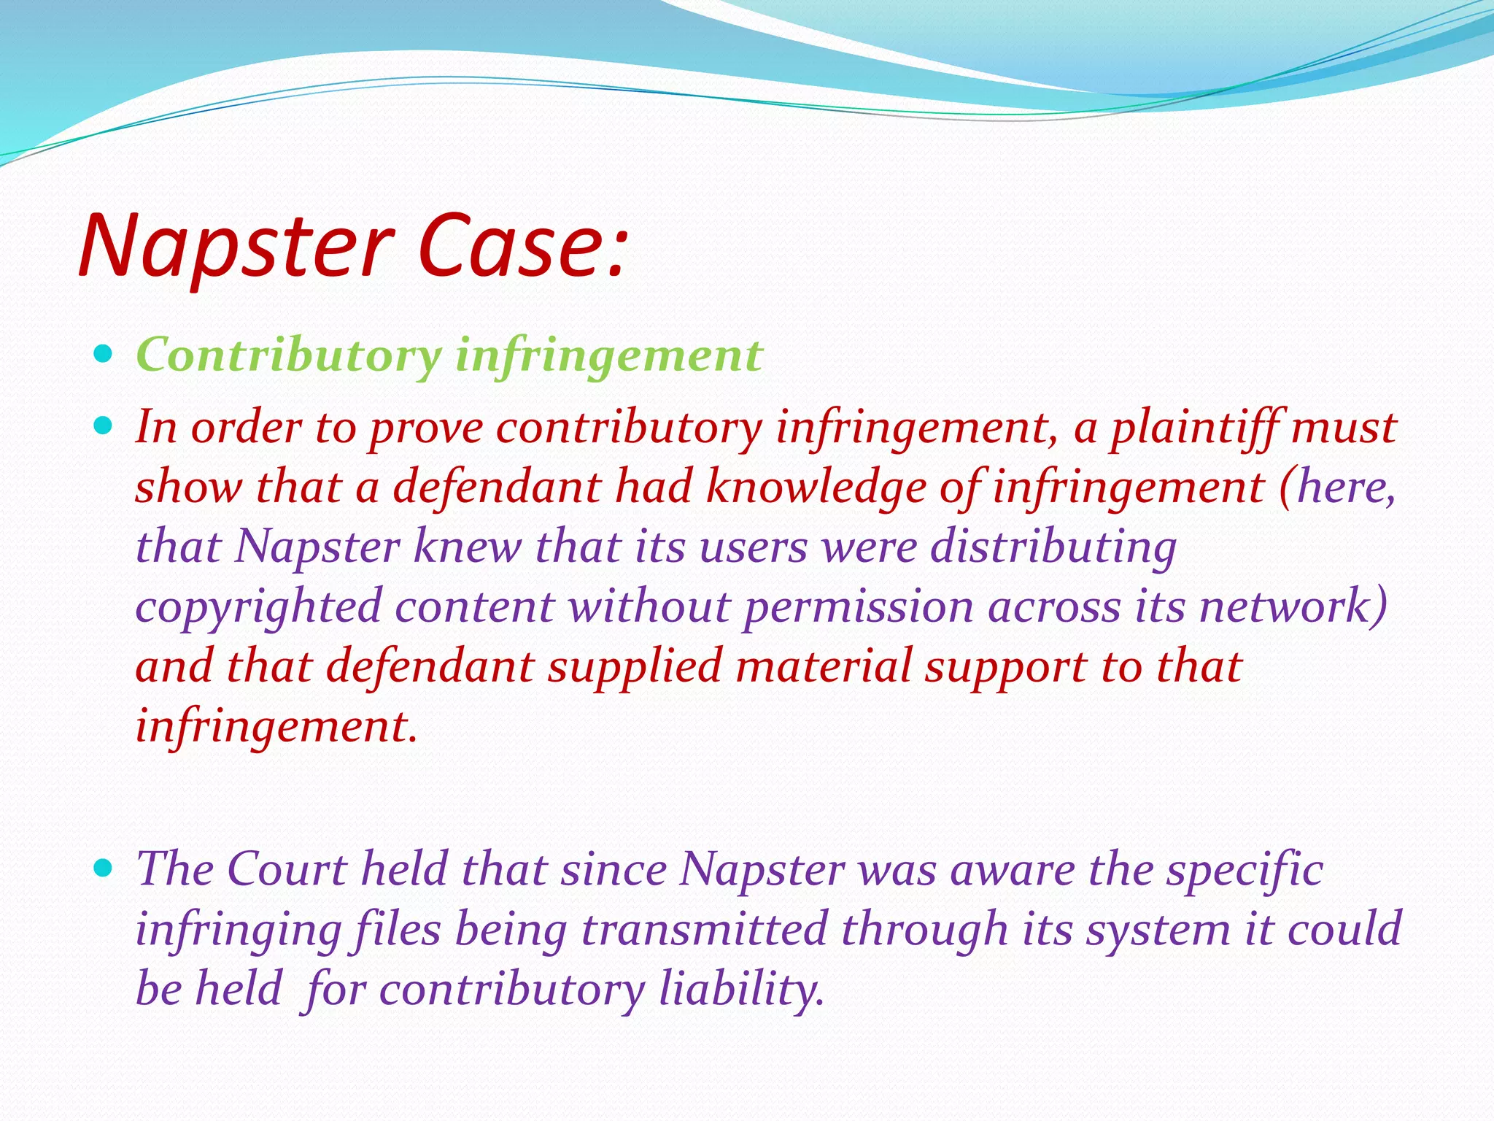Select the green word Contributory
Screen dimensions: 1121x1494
(x=289, y=356)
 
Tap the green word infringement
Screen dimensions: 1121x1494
(x=608, y=356)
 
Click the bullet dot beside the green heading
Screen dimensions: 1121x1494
(x=104, y=355)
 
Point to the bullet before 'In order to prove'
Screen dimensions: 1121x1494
(x=104, y=425)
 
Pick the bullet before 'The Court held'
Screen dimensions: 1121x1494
(x=104, y=867)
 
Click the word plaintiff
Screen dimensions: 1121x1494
(x=1193, y=428)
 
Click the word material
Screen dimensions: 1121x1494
(x=824, y=667)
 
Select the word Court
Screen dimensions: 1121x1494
(x=287, y=870)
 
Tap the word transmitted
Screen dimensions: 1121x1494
(x=705, y=930)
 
